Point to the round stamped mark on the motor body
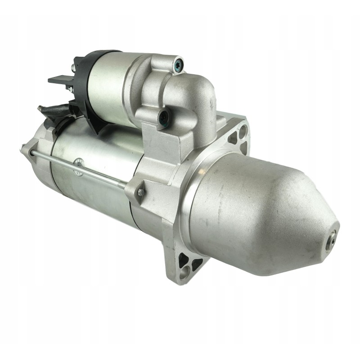[x=80, y=162]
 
